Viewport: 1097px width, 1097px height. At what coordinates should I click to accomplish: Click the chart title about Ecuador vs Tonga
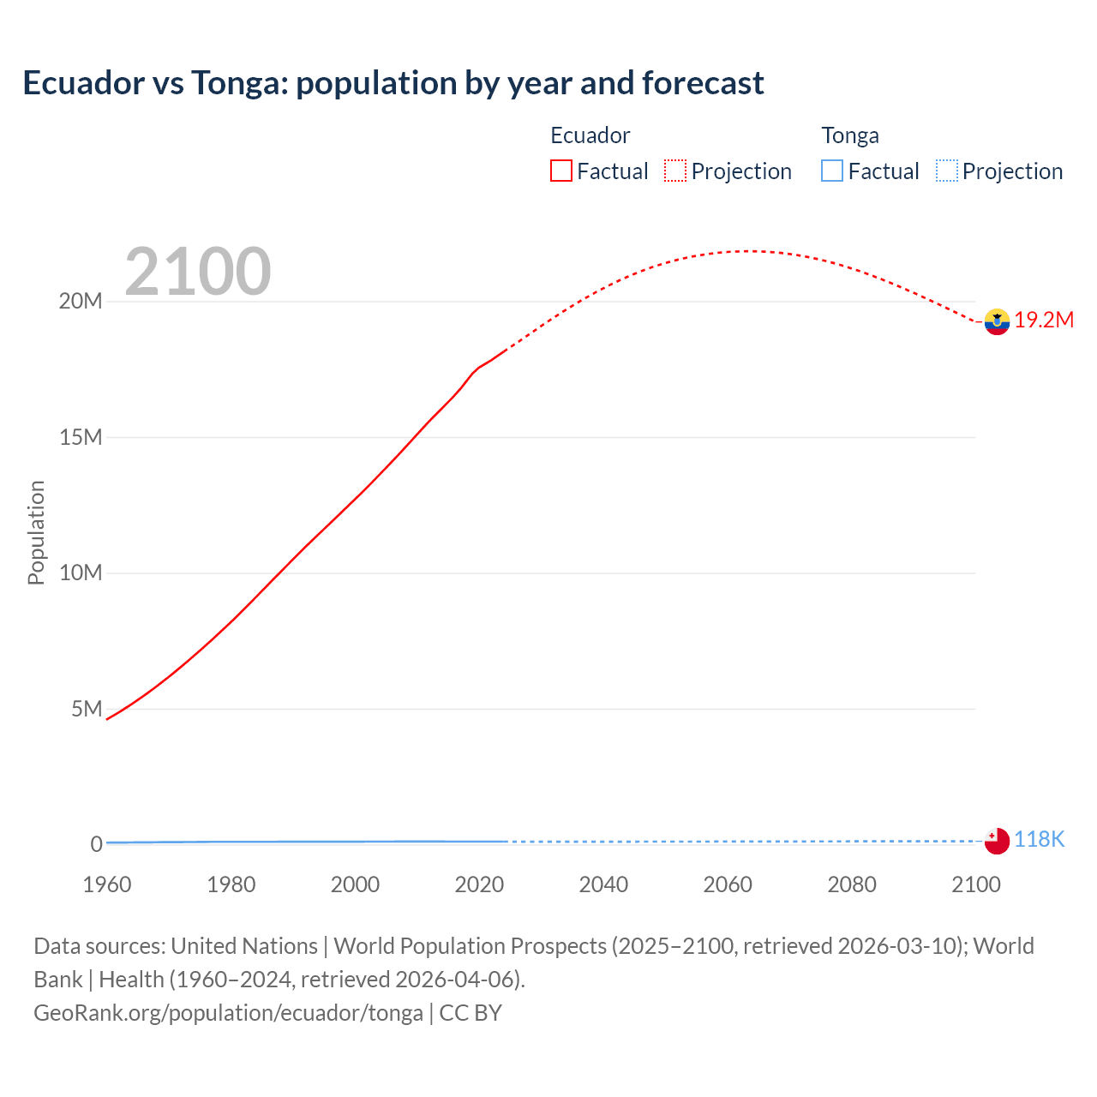[x=393, y=83]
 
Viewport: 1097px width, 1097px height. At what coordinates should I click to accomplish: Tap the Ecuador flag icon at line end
[x=997, y=321]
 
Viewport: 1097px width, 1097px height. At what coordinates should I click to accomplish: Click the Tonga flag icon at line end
[x=997, y=841]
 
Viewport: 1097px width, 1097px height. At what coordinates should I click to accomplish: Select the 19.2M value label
[x=1044, y=320]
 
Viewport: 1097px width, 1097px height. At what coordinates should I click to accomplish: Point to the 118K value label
[x=1039, y=839]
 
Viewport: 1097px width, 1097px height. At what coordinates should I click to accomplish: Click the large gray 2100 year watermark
[x=198, y=272]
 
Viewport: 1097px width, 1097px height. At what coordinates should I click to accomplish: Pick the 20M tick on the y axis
[x=81, y=302]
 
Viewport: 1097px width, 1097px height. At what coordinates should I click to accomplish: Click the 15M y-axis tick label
[x=81, y=437]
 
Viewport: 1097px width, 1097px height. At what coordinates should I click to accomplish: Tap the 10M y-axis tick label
[x=81, y=572]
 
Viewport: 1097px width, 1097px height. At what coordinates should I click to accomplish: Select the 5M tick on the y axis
[x=87, y=709]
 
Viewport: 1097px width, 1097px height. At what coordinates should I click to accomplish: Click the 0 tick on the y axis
[x=96, y=844]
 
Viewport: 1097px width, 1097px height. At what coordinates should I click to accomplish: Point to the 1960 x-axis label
[x=107, y=884]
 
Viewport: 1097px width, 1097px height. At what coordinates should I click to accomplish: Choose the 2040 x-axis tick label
[x=603, y=884]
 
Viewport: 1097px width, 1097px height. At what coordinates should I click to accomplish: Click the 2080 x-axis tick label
[x=852, y=884]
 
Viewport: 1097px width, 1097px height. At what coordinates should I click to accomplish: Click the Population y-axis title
[x=36, y=532]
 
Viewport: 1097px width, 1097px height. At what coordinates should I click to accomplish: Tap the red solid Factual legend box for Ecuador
[x=561, y=171]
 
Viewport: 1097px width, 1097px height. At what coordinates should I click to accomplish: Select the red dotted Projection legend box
[x=675, y=171]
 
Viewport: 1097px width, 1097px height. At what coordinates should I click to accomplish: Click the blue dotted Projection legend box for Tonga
[x=947, y=171]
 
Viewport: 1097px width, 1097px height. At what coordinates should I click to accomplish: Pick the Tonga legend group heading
[x=850, y=135]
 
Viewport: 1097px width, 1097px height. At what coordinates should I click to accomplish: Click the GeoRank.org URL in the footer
[x=228, y=1013]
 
